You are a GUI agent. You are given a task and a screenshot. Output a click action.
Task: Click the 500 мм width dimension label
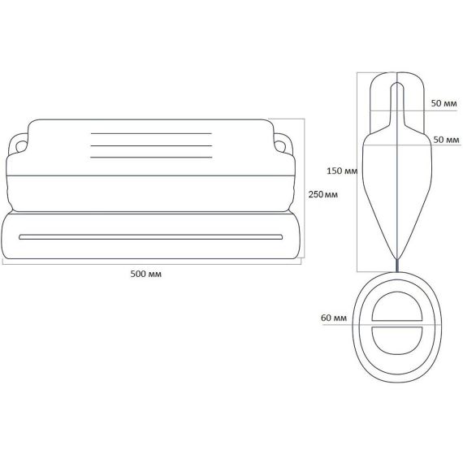coord(146,274)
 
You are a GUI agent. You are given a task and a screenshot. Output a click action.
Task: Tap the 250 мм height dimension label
coord(323,195)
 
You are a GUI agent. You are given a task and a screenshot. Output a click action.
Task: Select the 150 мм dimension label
coord(342,171)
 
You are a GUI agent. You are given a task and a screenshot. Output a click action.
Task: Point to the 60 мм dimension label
coord(334,318)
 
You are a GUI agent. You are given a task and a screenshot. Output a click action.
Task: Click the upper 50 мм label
coord(444,103)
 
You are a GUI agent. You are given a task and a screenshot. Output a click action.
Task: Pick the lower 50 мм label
coord(446,140)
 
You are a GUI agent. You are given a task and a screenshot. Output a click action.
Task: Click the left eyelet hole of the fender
coord(20,146)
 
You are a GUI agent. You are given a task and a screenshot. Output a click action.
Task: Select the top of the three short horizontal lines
coord(151,133)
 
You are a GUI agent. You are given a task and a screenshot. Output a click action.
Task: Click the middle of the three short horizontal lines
coord(151,145)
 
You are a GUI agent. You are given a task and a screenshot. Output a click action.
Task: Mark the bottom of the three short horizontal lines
coord(151,157)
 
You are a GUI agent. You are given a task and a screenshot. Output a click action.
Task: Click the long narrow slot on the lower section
coord(150,237)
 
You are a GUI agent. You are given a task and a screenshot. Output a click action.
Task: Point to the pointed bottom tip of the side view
coord(397,258)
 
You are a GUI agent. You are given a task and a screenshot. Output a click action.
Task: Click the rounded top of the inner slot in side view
coord(397,82)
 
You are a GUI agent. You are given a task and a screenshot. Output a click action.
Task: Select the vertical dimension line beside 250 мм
coord(305,188)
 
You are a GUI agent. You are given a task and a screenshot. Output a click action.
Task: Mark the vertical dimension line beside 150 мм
coord(357,172)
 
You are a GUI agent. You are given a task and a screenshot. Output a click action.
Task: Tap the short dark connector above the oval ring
coord(397,265)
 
